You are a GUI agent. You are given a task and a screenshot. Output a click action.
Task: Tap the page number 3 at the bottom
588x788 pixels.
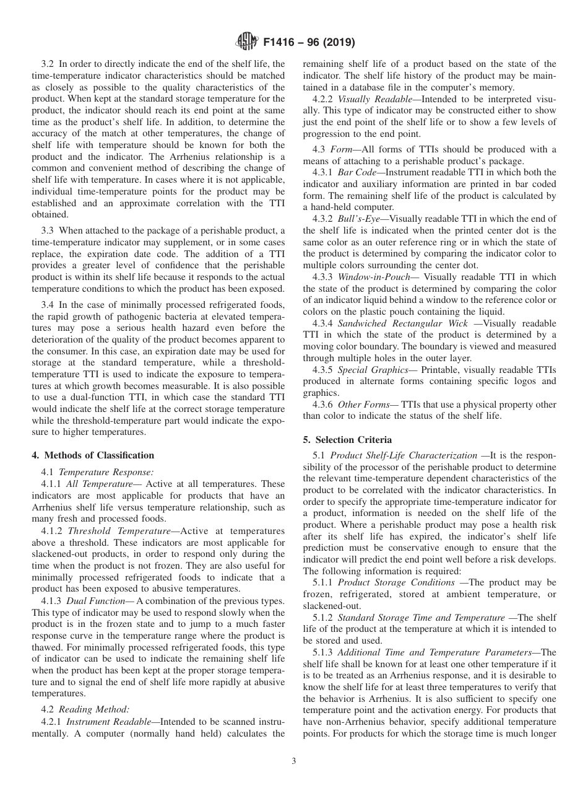point(293,761)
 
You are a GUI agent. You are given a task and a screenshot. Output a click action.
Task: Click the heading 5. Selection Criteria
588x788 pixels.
point(347,439)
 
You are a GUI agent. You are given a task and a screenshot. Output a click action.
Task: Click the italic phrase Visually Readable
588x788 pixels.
point(370,98)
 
